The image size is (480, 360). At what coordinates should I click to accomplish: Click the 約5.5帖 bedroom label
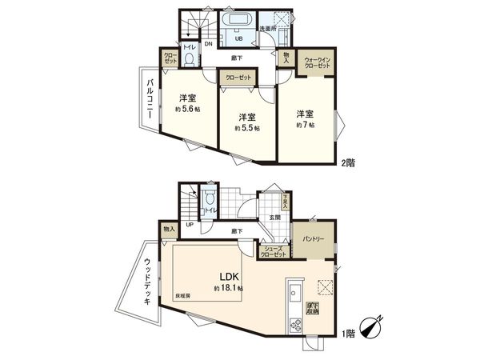click(x=246, y=122)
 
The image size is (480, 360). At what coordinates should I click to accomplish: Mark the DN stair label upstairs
click(x=207, y=45)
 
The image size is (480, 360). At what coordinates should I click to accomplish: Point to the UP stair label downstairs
click(x=190, y=224)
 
